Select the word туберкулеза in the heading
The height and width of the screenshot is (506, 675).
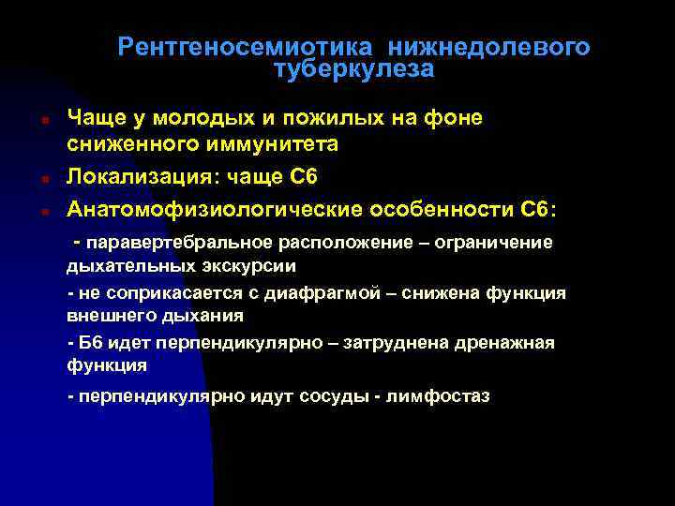point(354,69)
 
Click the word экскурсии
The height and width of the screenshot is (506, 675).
point(253,265)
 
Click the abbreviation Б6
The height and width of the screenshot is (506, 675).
point(92,343)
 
